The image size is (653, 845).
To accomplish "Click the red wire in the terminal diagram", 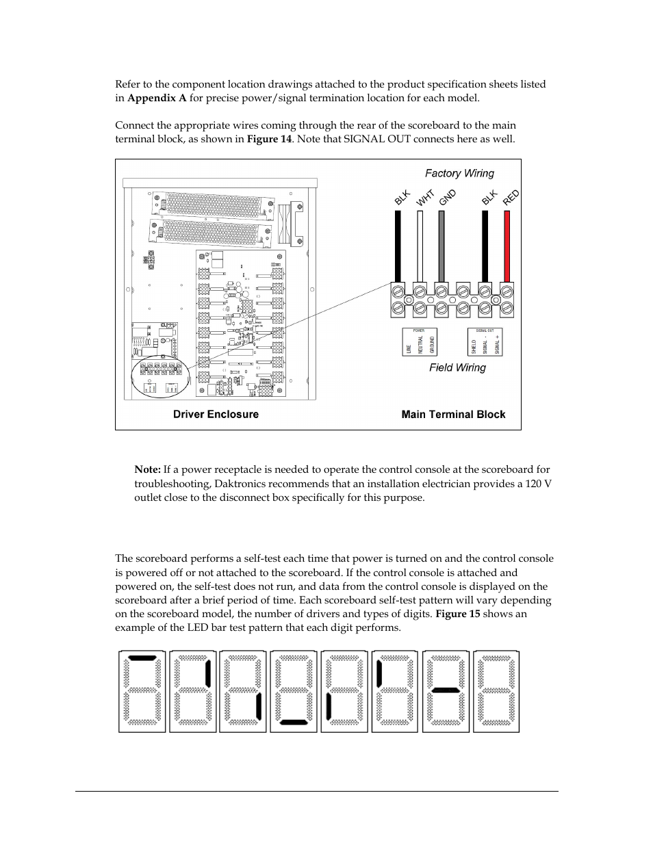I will [x=507, y=246].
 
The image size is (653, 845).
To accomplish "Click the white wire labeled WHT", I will [x=420, y=246].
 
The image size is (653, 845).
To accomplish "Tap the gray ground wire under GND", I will [x=441, y=246].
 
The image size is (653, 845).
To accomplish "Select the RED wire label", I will [x=511, y=198].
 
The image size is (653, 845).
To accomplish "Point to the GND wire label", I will [x=448, y=198].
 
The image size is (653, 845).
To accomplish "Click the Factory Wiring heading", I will [x=459, y=174].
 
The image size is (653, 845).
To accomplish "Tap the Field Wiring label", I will [x=457, y=367].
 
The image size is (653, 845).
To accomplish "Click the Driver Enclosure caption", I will [x=216, y=414].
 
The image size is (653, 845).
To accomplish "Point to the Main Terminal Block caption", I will [x=453, y=414].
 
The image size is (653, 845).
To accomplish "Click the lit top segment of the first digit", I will [x=142, y=658].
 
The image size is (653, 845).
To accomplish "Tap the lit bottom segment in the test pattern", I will [x=294, y=721].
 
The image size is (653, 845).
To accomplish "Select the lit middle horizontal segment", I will [x=446, y=690].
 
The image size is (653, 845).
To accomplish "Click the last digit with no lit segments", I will [x=496, y=691].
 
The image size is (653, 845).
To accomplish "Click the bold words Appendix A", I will [x=157, y=98].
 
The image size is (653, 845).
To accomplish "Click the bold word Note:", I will [x=147, y=469].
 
